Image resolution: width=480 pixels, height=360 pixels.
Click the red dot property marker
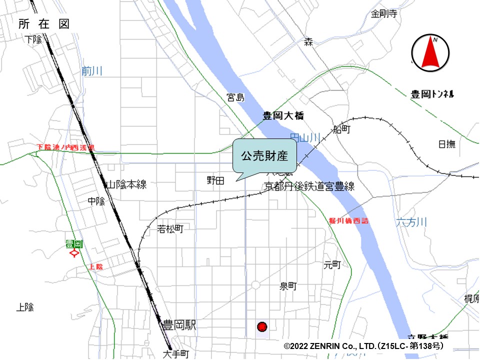pos(262,327)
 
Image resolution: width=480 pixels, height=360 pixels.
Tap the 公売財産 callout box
pos(264,156)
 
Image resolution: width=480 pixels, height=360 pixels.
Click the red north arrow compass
pos(430,53)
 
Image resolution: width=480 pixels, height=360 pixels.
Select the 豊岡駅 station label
pos(179,325)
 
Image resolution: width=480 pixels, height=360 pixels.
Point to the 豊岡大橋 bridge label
pos(283,116)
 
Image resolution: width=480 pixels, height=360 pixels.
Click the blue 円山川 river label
pos(304,136)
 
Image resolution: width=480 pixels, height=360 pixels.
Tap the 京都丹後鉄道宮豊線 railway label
pos(309,186)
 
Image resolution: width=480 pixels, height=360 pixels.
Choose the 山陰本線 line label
pos(126,184)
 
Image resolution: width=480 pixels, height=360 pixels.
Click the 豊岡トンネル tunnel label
pos(432,94)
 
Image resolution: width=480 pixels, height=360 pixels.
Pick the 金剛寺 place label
pos(384,14)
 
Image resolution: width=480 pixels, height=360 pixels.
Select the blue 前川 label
pos(92,71)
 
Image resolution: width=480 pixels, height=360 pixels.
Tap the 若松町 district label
pos(170,229)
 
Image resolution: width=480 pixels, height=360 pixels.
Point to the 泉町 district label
pos(288,286)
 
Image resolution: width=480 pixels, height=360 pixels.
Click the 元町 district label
pos(332,264)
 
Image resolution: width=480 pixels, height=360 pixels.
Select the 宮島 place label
pos(235,97)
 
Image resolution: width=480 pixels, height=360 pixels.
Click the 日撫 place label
pos(447,144)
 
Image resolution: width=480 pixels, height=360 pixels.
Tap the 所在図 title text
pos(44,24)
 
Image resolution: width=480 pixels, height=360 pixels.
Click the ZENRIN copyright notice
pos(363,345)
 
